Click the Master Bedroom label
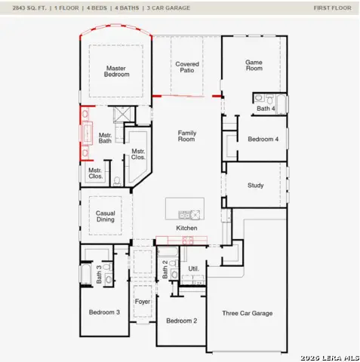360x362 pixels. [117, 71]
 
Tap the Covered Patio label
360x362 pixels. [187, 68]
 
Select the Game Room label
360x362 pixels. [254, 65]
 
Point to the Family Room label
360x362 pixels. [186, 136]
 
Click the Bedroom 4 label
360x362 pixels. [263, 139]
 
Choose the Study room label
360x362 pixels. [256, 185]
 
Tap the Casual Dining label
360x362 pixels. [106, 216]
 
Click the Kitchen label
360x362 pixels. [186, 228]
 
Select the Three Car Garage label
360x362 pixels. [247, 313]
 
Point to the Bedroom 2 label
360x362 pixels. [181, 321]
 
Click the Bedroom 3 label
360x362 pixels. [104, 311]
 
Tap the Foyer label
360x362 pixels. [143, 302]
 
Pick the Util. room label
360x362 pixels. [193, 268]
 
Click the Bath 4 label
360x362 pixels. [265, 109]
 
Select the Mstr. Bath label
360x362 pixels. [105, 138]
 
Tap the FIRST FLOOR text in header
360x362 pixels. [332, 8]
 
